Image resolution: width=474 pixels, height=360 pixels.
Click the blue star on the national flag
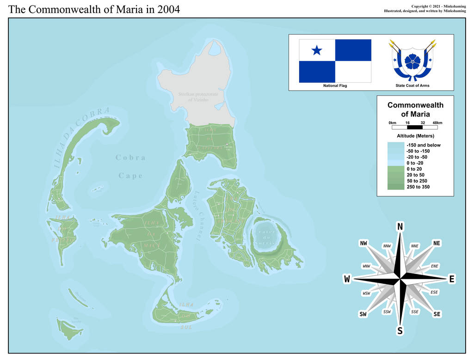point(317,50)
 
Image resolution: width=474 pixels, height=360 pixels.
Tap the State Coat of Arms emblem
point(412,61)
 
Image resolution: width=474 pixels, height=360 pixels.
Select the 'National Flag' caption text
point(335,85)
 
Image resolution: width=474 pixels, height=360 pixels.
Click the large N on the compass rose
point(400,226)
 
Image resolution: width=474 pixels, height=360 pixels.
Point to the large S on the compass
point(400,330)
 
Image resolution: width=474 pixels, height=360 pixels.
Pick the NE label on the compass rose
point(437,243)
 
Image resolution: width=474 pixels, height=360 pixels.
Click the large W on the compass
point(347,279)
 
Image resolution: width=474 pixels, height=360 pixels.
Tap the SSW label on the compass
point(387,312)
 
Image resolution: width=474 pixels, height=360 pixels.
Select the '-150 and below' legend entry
point(423,145)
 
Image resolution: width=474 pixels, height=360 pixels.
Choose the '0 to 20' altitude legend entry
point(415,169)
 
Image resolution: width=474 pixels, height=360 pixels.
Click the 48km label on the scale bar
point(437,122)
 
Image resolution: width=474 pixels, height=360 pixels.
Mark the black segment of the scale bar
point(415,127)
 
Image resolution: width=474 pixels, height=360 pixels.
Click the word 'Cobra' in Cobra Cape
point(130,158)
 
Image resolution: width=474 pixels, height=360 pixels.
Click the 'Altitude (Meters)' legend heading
point(415,136)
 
